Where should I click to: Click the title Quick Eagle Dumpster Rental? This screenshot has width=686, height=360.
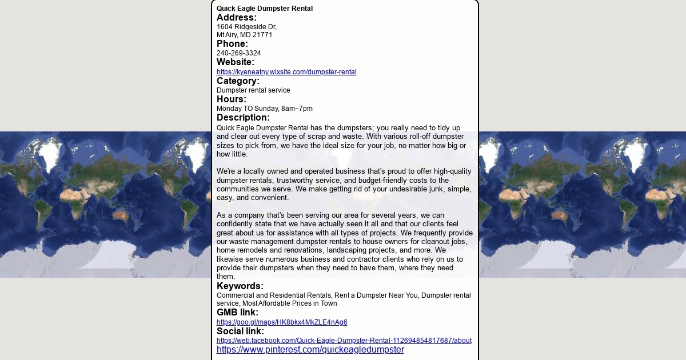click(x=265, y=9)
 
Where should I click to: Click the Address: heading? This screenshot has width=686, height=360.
click(x=237, y=18)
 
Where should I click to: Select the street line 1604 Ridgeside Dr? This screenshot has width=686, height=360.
click(x=246, y=27)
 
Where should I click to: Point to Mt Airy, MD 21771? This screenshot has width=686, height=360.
click(x=244, y=35)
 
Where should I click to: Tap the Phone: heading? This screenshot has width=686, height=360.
click(x=232, y=44)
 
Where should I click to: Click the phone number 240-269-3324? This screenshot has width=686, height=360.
click(x=238, y=53)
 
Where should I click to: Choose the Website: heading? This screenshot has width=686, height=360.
click(x=236, y=62)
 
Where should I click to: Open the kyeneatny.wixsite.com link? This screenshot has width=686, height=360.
click(x=286, y=72)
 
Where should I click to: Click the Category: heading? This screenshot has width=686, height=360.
click(x=238, y=81)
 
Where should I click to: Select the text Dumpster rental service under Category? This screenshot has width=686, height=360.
click(x=253, y=90)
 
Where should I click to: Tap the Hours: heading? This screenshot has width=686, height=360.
click(x=232, y=99)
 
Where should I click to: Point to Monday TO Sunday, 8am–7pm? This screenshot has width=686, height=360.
click(x=265, y=109)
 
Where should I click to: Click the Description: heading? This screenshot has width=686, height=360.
click(x=243, y=118)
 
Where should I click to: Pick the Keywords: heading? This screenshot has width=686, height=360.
click(x=240, y=286)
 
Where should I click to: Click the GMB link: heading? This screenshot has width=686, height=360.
click(x=237, y=313)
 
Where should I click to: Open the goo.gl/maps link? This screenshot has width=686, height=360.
click(x=282, y=322)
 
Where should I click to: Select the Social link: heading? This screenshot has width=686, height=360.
click(x=240, y=331)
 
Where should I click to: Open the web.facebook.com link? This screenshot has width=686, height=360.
click(x=344, y=341)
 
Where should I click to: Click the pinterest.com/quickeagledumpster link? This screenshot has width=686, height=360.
click(x=310, y=350)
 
